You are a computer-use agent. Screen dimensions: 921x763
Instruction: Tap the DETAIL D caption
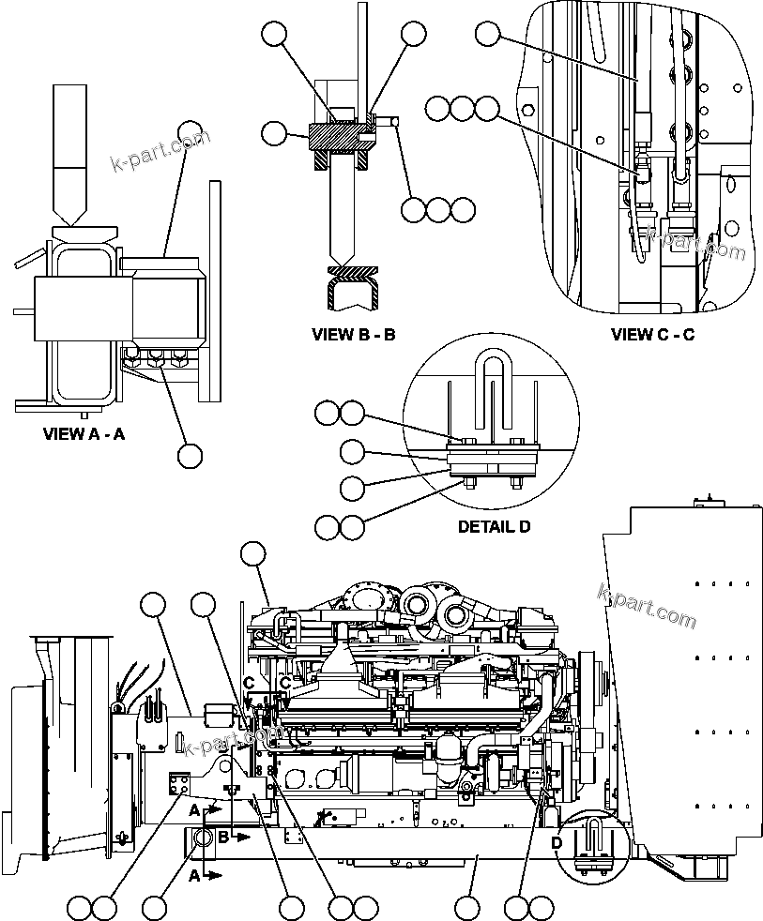[493, 527]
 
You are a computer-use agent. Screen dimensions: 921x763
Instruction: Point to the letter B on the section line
[223, 836]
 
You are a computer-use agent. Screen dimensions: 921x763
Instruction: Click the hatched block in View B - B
[336, 139]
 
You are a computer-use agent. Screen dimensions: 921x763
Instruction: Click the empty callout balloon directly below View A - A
[190, 456]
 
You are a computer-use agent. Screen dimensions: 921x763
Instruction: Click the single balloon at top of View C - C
[487, 34]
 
